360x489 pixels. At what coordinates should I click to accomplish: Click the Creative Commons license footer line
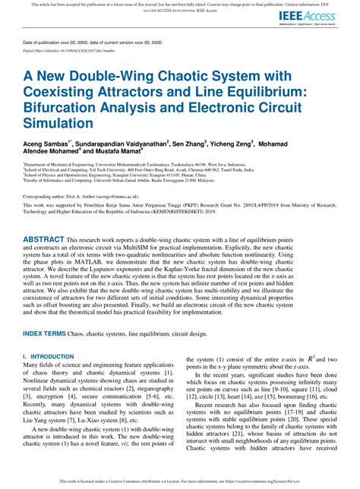click(x=179, y=480)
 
